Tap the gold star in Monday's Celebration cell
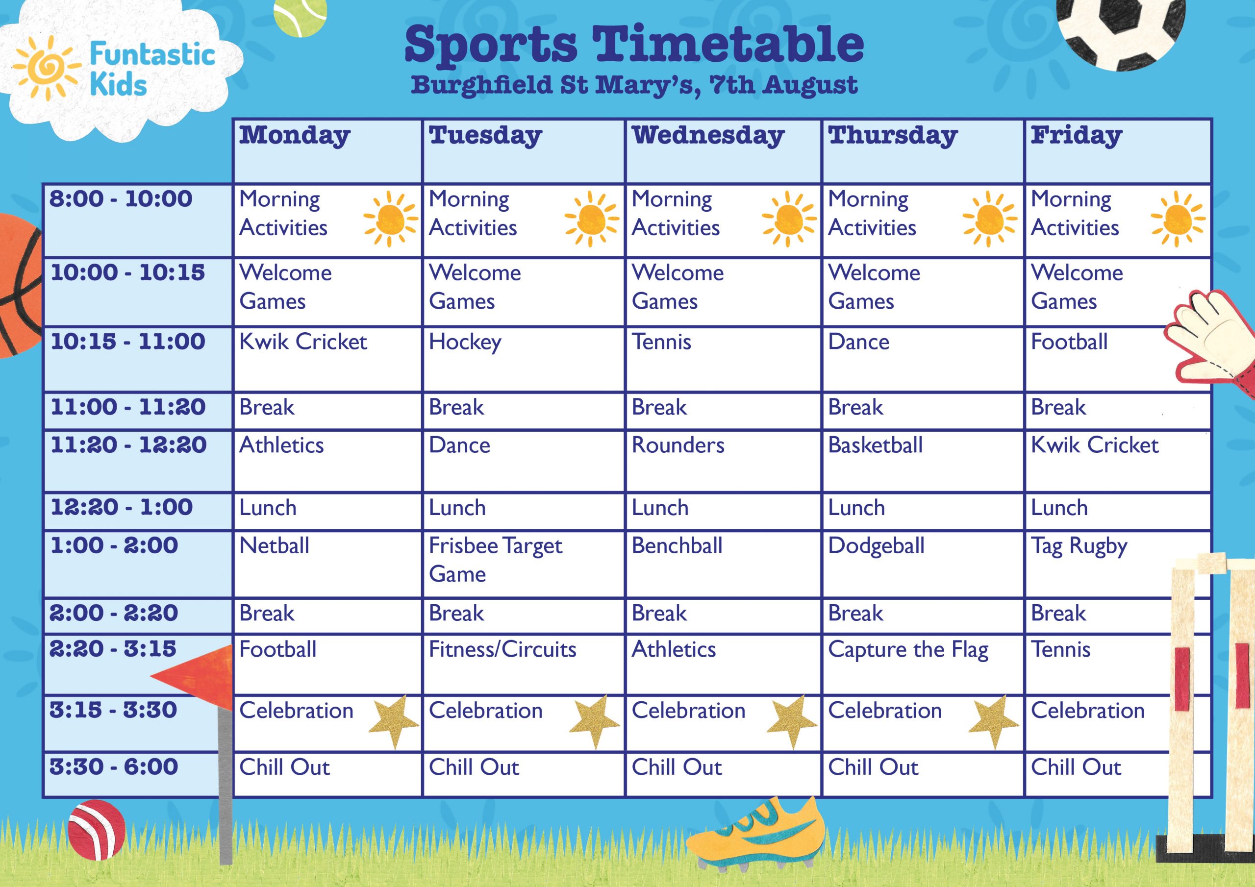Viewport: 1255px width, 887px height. pos(394,721)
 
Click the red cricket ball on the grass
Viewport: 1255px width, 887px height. pos(97,830)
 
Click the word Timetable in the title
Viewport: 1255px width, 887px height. pos(728,45)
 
